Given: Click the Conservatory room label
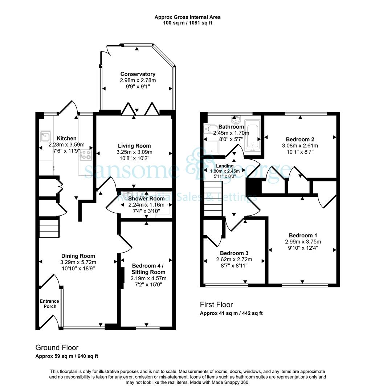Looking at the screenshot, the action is coord(138,74).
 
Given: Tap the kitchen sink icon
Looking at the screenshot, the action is coord(45,137).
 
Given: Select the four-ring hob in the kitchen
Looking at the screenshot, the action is coord(86,155).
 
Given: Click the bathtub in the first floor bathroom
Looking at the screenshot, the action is coord(253,135).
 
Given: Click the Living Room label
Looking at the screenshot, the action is coord(135,146).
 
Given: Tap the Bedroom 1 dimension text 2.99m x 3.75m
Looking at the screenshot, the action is coord(303,242).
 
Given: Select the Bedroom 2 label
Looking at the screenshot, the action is coord(300,139).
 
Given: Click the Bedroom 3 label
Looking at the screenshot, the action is coord(234,253).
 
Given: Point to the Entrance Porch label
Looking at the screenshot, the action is coord(49,304).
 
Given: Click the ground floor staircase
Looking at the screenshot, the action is coord(49,228).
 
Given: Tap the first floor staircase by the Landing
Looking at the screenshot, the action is coord(213,199).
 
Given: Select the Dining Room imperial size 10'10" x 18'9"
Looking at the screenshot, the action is coord(78,269).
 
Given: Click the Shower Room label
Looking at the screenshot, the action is coord(147,199).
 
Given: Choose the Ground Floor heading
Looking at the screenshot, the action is coord(57,347).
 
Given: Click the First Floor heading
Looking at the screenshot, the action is coord(216,305).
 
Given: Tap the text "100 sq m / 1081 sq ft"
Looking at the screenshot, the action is coord(187,23).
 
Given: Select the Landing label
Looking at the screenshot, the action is coord(225,166).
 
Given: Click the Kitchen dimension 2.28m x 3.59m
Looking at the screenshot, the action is coord(66,144).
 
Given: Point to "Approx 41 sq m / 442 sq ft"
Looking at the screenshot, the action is coord(231,313).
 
